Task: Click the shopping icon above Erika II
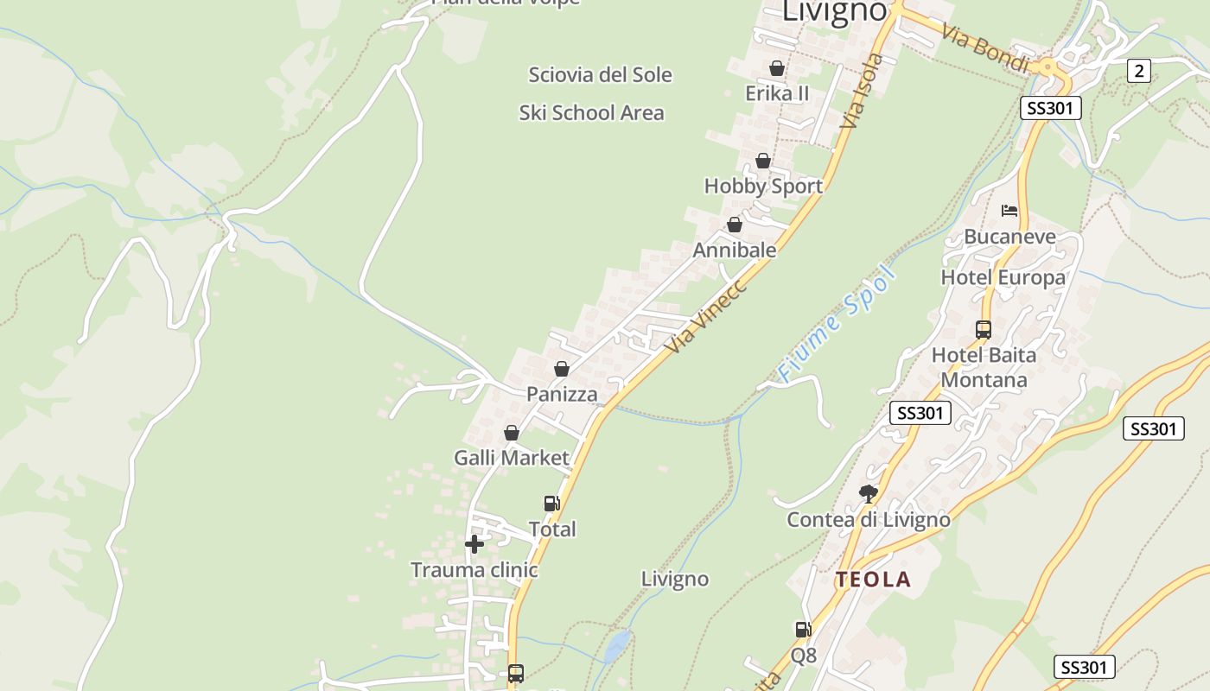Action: tap(777, 68)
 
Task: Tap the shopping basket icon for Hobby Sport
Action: tap(763, 161)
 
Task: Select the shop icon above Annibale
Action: tap(735, 225)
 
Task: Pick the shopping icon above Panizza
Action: tap(562, 369)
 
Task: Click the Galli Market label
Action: tap(512, 458)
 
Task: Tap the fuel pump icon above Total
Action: tap(551, 503)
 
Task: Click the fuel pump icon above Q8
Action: tap(804, 630)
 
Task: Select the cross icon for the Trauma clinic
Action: tap(474, 544)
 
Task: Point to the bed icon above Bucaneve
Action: tap(1009, 210)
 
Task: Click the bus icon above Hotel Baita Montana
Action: tap(984, 329)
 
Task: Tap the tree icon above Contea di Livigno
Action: tap(869, 494)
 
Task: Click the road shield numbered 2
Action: tap(1139, 71)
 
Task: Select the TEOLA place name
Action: tap(873, 580)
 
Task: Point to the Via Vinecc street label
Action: tap(706, 315)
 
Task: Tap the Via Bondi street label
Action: tap(985, 48)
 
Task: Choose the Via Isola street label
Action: tap(861, 92)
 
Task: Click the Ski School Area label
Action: tap(592, 113)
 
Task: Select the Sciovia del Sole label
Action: tap(600, 75)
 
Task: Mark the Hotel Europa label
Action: tap(1003, 277)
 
